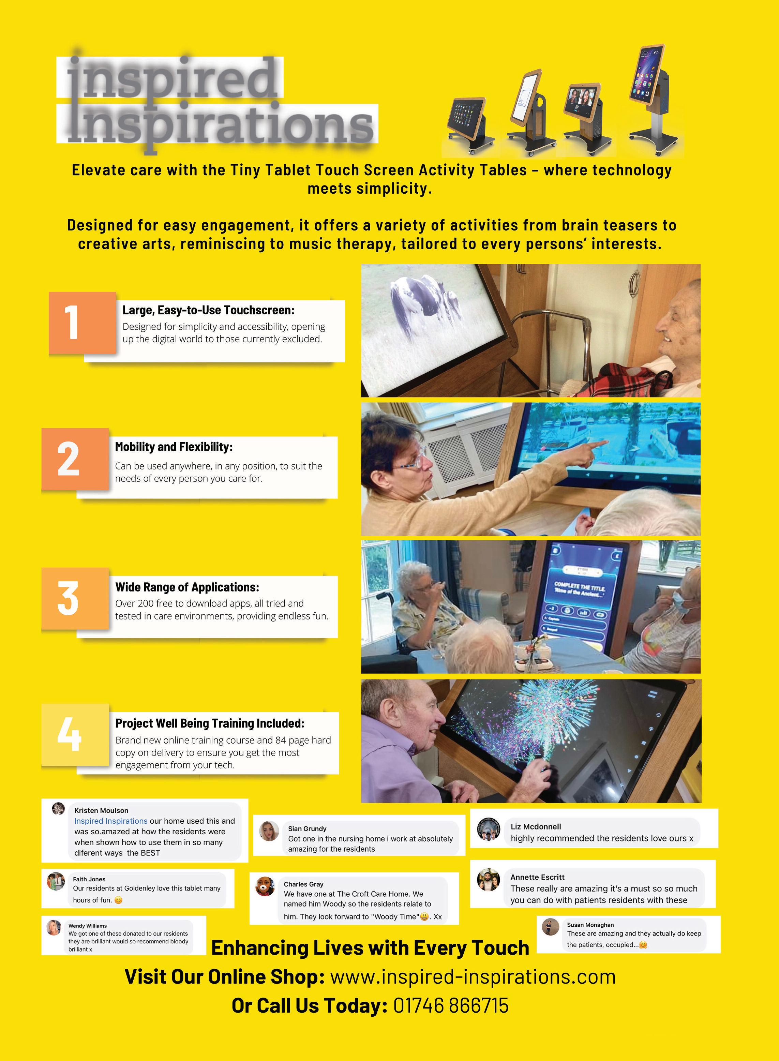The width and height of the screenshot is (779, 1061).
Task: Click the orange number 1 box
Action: (x=83, y=323)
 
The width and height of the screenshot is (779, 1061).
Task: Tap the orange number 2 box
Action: (x=75, y=459)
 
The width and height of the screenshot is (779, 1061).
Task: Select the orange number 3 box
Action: (x=75, y=598)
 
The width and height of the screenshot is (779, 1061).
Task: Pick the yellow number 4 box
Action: (x=75, y=735)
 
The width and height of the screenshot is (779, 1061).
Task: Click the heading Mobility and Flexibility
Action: (x=174, y=447)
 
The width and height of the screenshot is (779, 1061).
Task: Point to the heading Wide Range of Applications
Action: (x=187, y=587)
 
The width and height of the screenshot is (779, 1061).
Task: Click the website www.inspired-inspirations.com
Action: (x=473, y=976)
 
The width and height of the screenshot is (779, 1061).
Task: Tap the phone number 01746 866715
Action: (x=451, y=1005)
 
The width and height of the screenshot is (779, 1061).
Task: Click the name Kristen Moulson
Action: (x=101, y=810)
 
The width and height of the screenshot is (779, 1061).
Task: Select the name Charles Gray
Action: (x=304, y=884)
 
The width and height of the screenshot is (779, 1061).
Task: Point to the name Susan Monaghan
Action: (x=590, y=925)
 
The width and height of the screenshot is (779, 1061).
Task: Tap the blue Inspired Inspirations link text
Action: (x=111, y=821)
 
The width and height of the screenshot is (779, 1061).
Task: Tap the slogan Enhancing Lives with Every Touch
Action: (x=370, y=947)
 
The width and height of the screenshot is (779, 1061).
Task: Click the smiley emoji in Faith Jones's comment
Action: (x=118, y=900)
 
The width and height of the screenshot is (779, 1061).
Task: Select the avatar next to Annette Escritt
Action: (x=489, y=880)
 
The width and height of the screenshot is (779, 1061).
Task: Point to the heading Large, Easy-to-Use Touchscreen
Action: (x=208, y=310)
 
